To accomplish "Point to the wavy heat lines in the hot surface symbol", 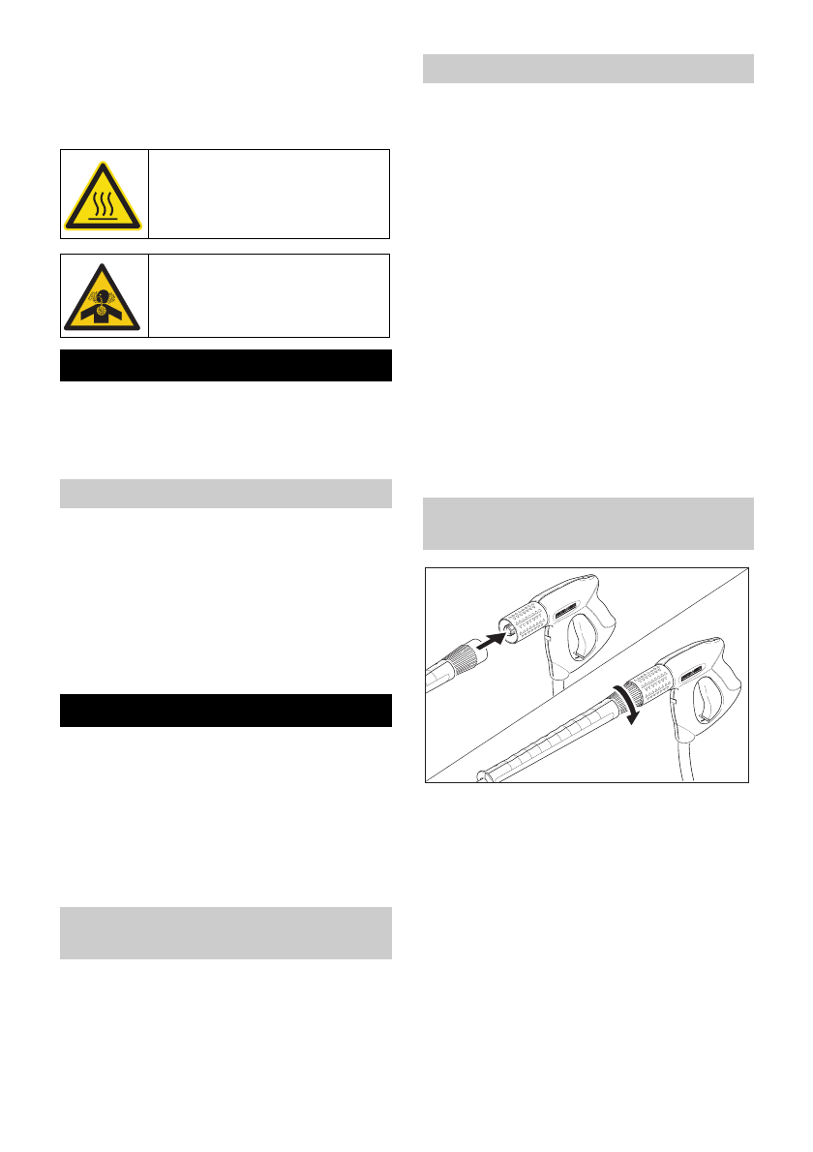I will point(105,197).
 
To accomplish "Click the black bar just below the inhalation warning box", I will point(226,366).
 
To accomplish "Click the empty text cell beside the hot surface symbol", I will point(269,194).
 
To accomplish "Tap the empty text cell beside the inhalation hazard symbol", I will point(269,295).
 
